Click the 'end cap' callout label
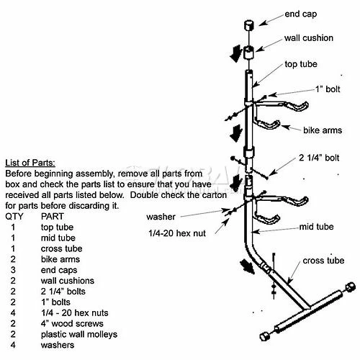[x=300, y=14]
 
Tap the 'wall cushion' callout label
[x=309, y=38]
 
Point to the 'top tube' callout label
[x=301, y=64]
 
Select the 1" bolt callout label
[x=328, y=89]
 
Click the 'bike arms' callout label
[x=323, y=130]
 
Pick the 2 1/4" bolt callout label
[x=319, y=158]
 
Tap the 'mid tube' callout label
[x=316, y=227]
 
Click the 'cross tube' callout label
[x=323, y=261]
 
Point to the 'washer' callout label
[x=161, y=217]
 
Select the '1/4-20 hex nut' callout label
[x=177, y=233]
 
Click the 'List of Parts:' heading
[x=30, y=163]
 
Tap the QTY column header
[x=14, y=217]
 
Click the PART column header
[x=52, y=217]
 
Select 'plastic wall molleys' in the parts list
[x=79, y=334]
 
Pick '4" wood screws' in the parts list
[x=72, y=323]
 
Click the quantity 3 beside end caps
[x=13, y=270]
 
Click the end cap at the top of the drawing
[x=249, y=25]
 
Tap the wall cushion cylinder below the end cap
[x=249, y=53]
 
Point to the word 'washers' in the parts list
[x=58, y=345]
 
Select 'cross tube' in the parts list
[x=61, y=248]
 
